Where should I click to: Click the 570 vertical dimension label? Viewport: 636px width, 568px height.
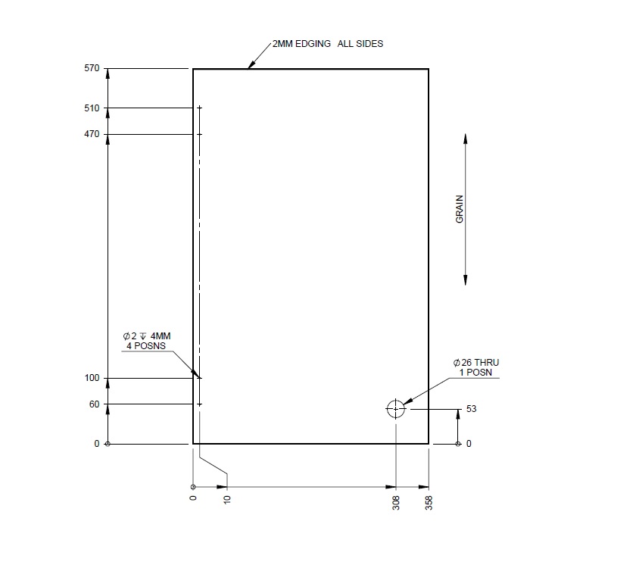coord(92,68)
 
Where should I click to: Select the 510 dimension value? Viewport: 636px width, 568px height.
coord(92,108)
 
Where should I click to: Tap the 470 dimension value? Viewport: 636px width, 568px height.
coord(92,134)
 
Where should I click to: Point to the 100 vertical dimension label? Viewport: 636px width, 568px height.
coord(92,377)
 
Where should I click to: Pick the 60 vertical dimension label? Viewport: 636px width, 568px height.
coord(95,404)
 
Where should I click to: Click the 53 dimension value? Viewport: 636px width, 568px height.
coord(471,409)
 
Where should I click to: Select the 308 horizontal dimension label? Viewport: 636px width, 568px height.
coord(396,503)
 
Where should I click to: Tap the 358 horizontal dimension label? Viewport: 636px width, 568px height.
coord(429,503)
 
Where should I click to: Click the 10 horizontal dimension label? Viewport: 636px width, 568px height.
coord(226,500)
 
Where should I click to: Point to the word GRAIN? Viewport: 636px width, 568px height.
coord(459,208)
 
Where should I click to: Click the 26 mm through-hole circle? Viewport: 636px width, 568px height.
coord(395,409)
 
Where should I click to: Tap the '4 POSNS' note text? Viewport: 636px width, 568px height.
coord(145,346)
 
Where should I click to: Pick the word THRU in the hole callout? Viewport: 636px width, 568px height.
coord(486,363)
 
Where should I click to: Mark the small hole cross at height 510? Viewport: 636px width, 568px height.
coord(200,108)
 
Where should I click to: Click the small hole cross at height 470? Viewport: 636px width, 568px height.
coord(200,134)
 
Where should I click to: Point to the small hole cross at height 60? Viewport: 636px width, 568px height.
coord(200,404)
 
